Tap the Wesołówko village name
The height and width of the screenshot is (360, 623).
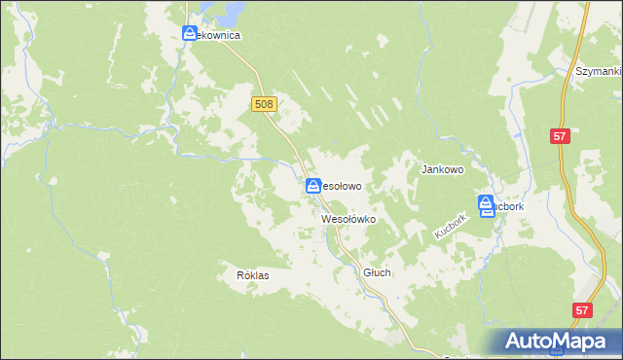point(348,220)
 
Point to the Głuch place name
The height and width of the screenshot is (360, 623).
point(377,273)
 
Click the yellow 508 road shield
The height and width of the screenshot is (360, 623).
point(265,104)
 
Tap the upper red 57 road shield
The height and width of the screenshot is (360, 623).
point(559,137)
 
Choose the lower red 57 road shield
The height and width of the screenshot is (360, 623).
point(581,310)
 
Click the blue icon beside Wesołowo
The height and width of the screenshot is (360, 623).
point(313,186)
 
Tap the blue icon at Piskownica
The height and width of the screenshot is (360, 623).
point(190,34)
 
